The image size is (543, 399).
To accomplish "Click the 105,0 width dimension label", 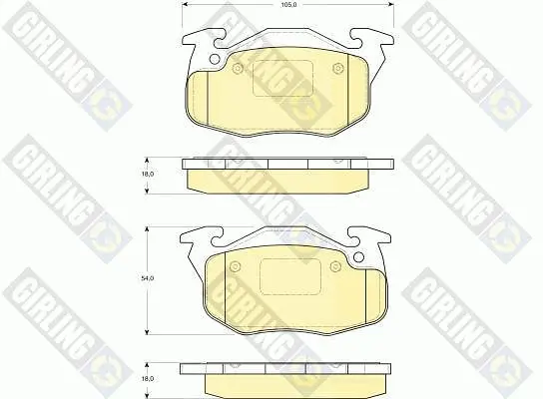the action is [x=287, y=5].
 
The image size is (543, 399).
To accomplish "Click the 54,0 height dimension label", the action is [x=147, y=278].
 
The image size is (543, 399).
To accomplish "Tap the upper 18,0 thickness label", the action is [x=147, y=174].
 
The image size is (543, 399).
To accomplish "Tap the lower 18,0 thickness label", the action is [x=147, y=379].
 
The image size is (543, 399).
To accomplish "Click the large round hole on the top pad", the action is [x=215, y=59].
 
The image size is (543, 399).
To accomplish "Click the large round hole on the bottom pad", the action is [x=358, y=257].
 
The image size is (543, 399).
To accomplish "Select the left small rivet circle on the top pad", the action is [x=238, y=69].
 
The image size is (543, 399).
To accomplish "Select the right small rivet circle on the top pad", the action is [x=337, y=69].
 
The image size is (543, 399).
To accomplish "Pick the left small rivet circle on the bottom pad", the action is [x=236, y=266].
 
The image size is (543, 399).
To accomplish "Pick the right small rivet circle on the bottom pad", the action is [x=334, y=266].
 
